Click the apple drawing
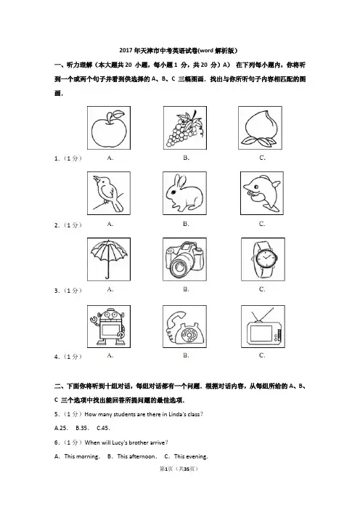109,129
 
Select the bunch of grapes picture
184,129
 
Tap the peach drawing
260,129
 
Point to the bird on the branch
108,194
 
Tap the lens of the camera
180,266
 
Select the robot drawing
109,327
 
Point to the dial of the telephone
189,334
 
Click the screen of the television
261,333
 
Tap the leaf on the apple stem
118,114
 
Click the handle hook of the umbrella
107,277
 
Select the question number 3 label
57,291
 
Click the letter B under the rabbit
186,224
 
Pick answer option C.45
103,428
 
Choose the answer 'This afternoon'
136,456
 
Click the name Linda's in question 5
176,414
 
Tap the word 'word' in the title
206,50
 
